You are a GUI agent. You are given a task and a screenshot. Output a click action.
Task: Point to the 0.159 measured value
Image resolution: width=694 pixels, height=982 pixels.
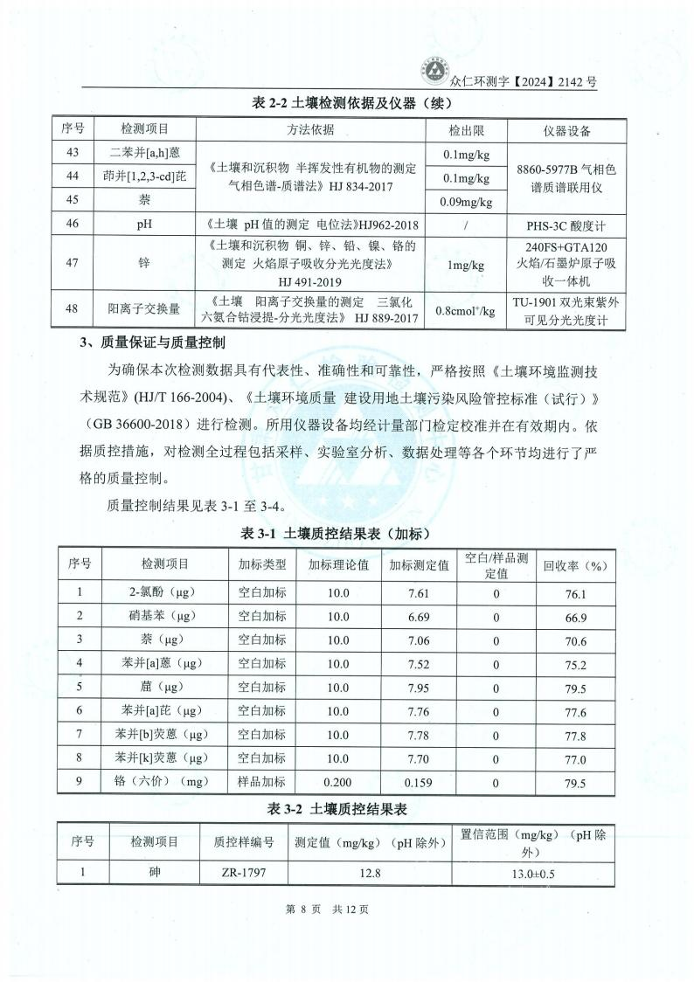[x=419, y=783]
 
